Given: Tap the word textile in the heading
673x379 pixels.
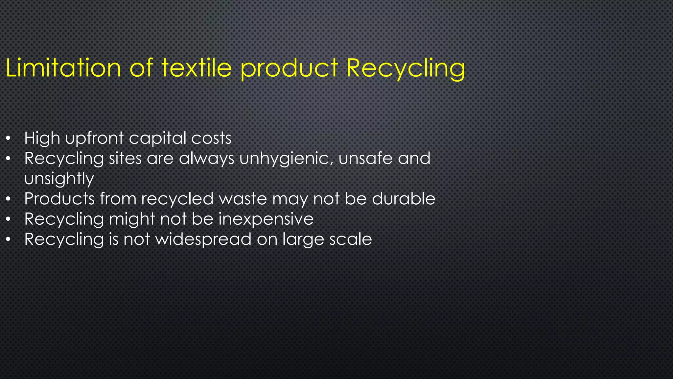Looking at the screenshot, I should coord(197,68).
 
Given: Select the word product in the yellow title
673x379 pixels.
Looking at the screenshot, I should coord(289,68).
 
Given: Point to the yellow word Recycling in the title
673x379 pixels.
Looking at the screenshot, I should coord(406,68).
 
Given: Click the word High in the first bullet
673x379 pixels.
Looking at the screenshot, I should coord(42,138).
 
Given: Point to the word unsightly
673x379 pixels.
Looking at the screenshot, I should coord(59,179).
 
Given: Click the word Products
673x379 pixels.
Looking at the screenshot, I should coord(59,199).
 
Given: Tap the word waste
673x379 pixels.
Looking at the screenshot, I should coord(243,199).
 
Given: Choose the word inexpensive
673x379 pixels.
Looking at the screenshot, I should coord(266,219).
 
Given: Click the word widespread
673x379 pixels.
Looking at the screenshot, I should coord(203,239).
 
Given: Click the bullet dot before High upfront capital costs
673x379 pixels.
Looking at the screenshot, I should coord(9,139).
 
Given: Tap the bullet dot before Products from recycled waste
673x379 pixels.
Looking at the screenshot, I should coord(9,199).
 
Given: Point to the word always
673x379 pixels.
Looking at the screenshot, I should coord(207,159).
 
